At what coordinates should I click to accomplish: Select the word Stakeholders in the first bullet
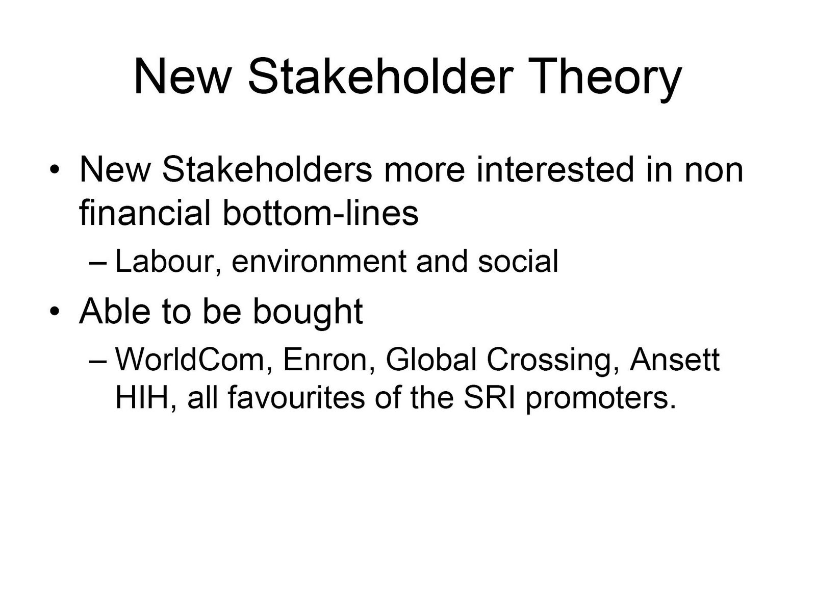pos(267,170)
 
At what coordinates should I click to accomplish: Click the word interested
pos(555,170)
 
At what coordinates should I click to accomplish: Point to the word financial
pos(145,213)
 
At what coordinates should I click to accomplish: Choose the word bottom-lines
pos(320,213)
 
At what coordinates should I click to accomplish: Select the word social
pos(518,262)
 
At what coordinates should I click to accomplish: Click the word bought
pos(308,312)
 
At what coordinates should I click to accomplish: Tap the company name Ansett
pos(675,360)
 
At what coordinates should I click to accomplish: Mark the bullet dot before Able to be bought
pos(54,311)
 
